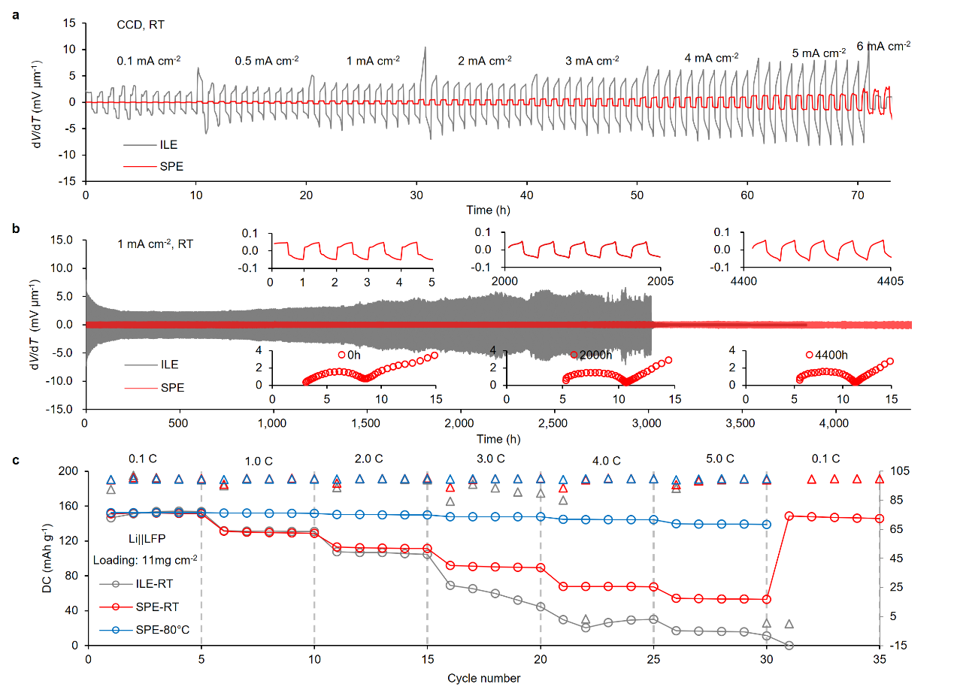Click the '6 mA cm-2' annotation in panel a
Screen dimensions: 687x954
[x=883, y=46]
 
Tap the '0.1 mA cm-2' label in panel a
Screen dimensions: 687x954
[x=148, y=60]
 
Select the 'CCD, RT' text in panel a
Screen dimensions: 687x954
[x=140, y=25]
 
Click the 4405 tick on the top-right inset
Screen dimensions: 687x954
[x=890, y=281]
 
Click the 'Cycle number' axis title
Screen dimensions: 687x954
[x=483, y=678]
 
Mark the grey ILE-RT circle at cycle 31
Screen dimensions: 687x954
[x=789, y=645]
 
